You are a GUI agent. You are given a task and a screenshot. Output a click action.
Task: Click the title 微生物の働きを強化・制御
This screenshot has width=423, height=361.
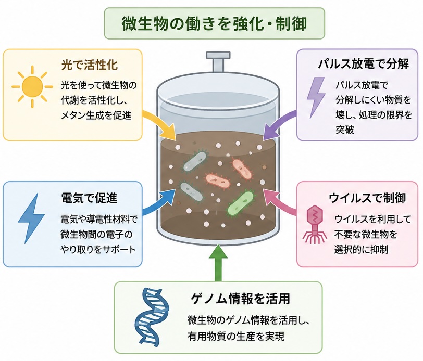coord(215,24)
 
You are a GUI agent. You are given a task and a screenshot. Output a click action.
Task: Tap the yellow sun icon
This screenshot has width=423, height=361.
coord(32,87)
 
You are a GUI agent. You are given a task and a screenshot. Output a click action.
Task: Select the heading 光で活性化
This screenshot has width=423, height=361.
coord(90,65)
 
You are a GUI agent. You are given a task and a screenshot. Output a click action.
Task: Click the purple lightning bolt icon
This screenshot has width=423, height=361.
coord(316,97)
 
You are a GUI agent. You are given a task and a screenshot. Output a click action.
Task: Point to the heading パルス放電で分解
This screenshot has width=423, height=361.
coord(364,64)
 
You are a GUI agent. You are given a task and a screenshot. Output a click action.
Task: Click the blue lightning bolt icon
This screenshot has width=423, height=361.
coord(31,218)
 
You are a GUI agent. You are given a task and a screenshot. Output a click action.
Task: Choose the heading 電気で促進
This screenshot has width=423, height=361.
coord(89,198)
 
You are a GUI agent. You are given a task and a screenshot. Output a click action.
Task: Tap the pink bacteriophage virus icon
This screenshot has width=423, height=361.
coord(315,224)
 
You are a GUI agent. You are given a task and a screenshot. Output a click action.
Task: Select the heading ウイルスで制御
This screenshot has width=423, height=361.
coord(367,198)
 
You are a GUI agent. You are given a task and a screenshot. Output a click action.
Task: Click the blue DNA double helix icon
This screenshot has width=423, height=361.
coord(153,317)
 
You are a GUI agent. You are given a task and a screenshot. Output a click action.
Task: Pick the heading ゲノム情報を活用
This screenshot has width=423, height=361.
coord(240,299)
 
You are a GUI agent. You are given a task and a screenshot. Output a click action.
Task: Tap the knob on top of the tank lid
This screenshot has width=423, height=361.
coord(218,62)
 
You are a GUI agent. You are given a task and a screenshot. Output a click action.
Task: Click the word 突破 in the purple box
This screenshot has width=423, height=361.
coord(345,130)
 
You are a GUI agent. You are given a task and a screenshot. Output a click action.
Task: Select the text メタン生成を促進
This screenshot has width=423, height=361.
coord(96,115)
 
